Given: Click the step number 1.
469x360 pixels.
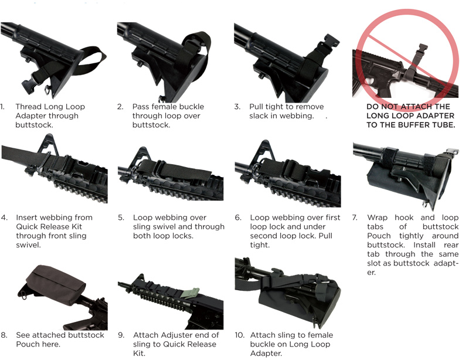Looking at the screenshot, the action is pos(2,107).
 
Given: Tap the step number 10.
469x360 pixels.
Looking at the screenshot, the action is pos(239,335).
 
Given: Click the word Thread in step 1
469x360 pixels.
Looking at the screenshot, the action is pos(28,107).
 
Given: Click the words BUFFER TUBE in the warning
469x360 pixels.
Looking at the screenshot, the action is pos(430,125).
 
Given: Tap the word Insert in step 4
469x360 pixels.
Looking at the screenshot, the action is pos(27,218).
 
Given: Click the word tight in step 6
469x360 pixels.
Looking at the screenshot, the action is pos(260,245).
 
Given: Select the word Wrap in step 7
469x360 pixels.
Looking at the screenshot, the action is pos(377,218).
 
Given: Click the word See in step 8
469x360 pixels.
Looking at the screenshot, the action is pos(23,335).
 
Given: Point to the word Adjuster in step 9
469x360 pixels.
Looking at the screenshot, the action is pos(172,335).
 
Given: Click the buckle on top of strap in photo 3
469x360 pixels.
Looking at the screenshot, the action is pos(330,41).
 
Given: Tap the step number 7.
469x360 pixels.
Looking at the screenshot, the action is pos(355,218).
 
